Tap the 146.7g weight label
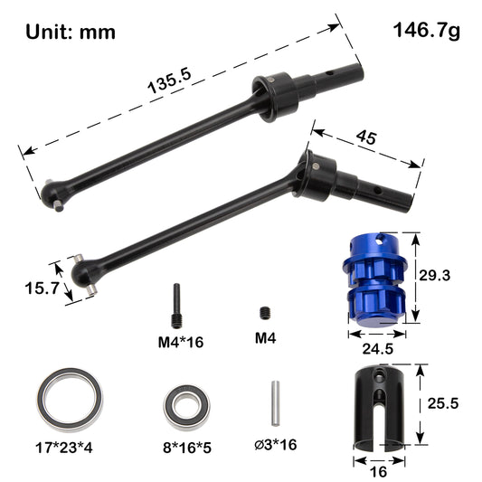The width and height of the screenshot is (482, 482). tap(426, 30)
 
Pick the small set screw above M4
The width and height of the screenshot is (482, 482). tap(266, 313)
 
